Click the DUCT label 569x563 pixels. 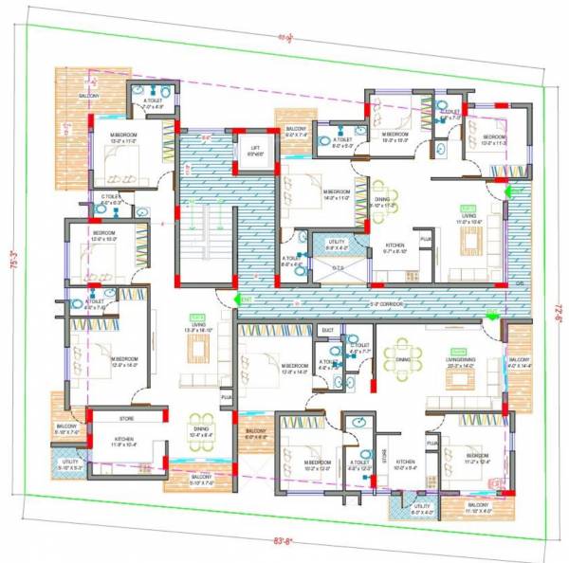328,331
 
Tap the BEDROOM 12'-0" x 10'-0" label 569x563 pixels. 104,236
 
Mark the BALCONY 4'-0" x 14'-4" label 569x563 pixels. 520,362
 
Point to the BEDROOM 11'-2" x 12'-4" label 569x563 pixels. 477,458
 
